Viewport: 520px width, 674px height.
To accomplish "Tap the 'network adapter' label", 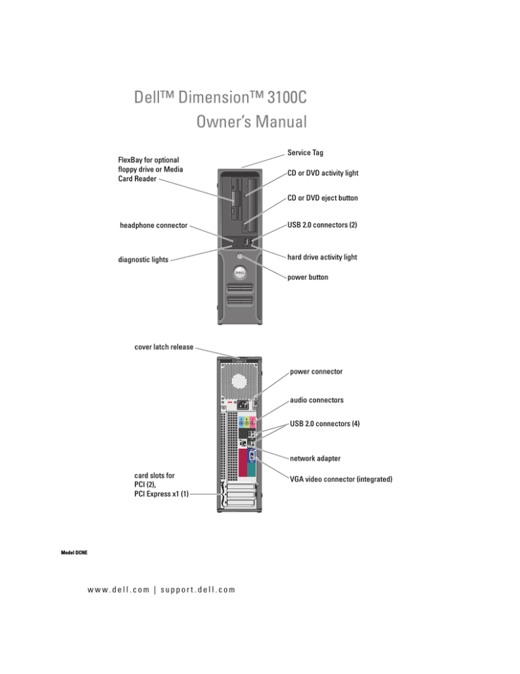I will [320, 458].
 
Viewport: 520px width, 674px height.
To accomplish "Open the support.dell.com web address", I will [197, 589].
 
